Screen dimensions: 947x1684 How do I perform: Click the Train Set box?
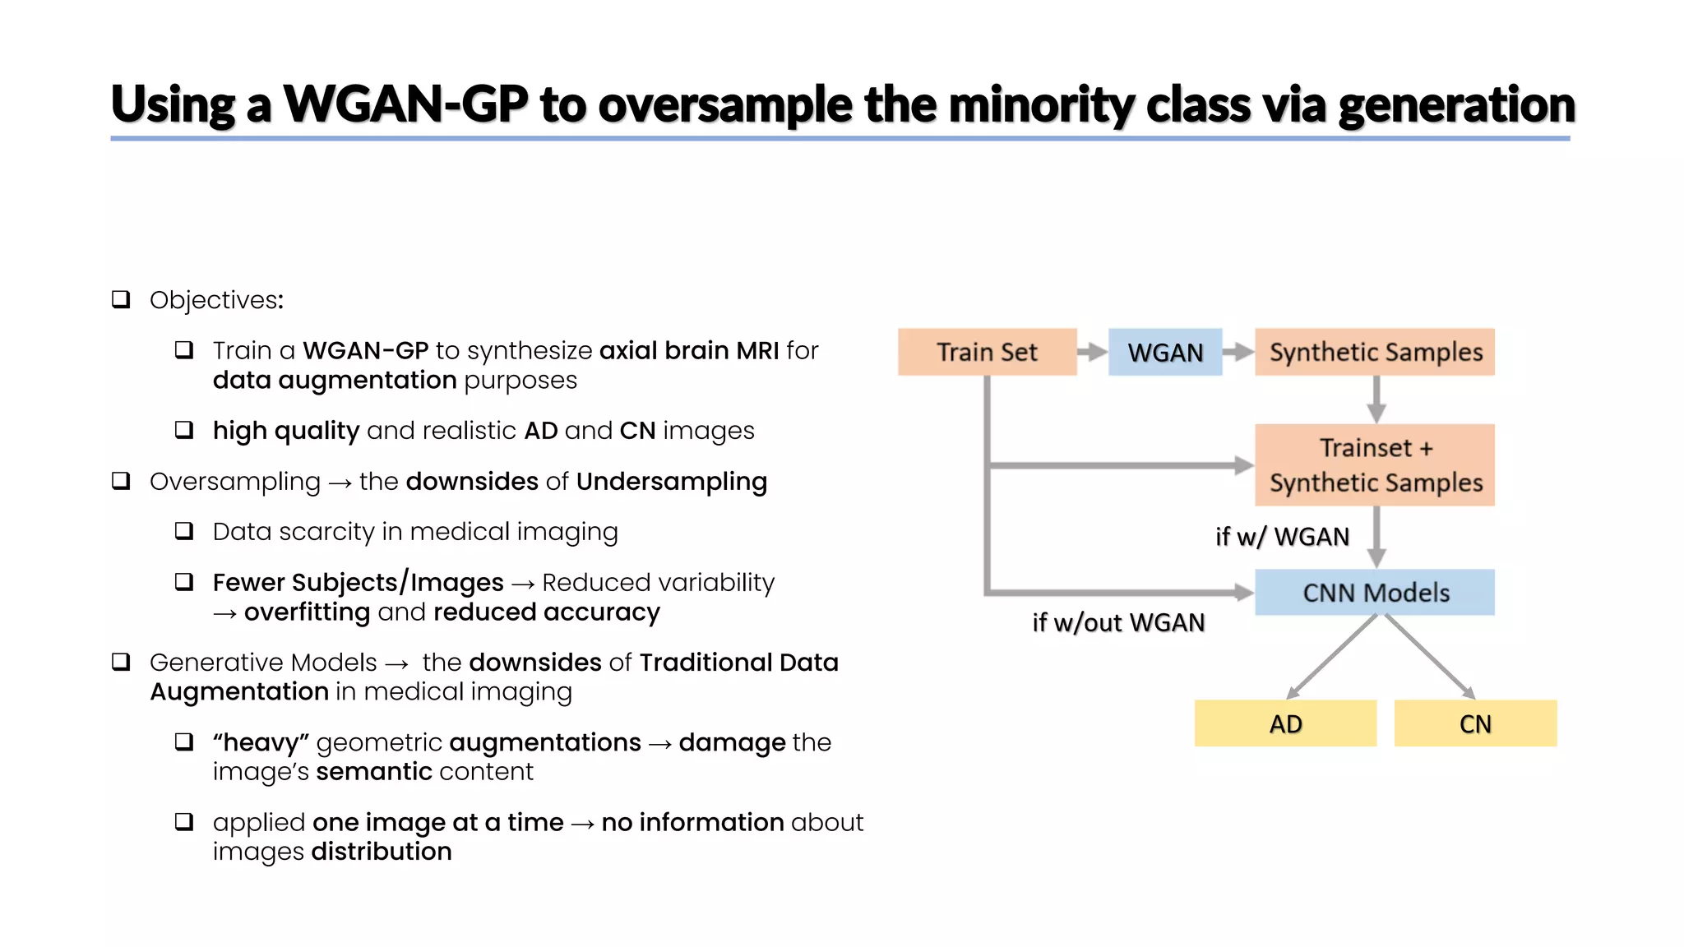(987, 352)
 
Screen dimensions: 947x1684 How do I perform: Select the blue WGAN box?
(1165, 352)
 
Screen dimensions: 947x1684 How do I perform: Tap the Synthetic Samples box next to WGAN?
(1375, 352)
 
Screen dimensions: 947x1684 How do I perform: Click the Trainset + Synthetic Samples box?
(1375, 465)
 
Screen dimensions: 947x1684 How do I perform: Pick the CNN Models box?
(1375, 592)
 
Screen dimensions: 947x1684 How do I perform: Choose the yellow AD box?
(1285, 723)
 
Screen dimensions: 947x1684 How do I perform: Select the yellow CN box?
(1475, 723)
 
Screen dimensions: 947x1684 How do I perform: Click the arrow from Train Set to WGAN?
(1093, 352)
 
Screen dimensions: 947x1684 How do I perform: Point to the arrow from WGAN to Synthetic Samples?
(1238, 352)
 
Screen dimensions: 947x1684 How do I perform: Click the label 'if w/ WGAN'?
(1282, 537)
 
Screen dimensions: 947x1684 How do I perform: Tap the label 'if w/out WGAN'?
(1118, 622)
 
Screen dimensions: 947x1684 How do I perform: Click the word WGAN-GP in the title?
(405, 104)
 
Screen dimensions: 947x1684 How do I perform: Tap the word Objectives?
(216, 300)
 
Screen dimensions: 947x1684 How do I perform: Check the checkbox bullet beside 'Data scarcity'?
(184, 531)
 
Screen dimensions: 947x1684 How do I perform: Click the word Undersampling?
(672, 481)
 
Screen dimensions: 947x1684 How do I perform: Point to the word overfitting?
(307, 612)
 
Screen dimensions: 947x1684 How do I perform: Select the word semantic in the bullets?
(374, 771)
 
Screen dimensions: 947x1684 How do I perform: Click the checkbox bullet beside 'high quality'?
(184, 430)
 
